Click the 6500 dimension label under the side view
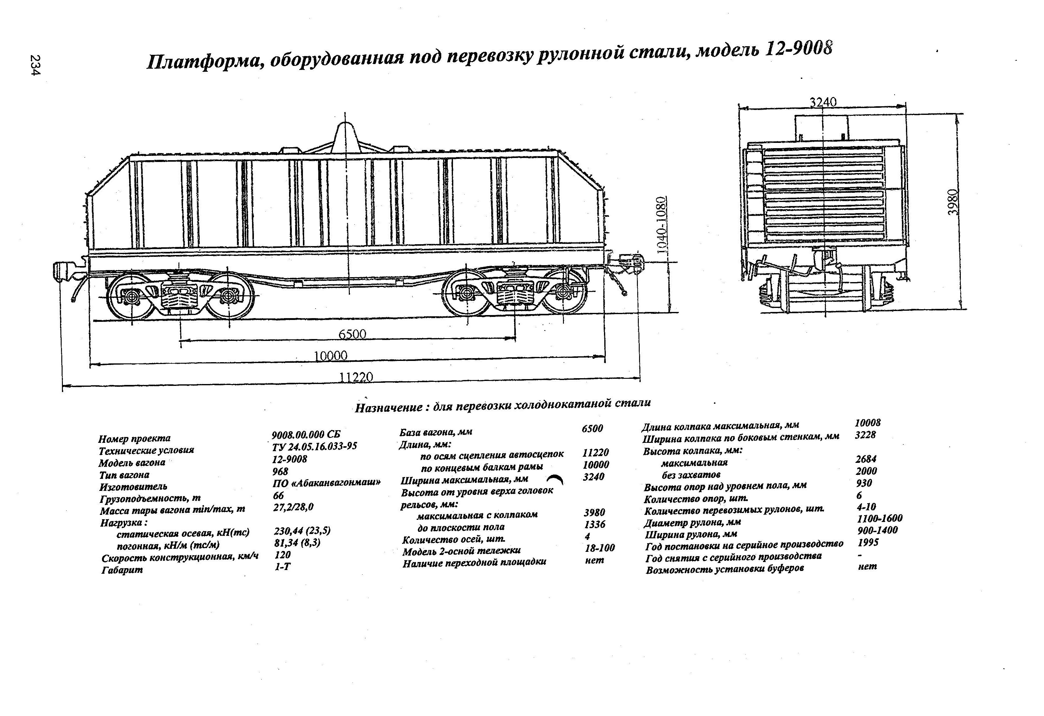click(x=352, y=334)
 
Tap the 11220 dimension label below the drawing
click(x=356, y=377)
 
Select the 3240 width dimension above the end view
click(x=823, y=102)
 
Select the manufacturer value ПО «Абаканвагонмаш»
click(x=327, y=483)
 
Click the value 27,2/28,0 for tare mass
click(x=293, y=507)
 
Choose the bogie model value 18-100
click(x=600, y=548)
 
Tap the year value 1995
click(x=868, y=542)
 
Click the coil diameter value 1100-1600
click(x=879, y=519)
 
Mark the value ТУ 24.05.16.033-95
click(x=314, y=446)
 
